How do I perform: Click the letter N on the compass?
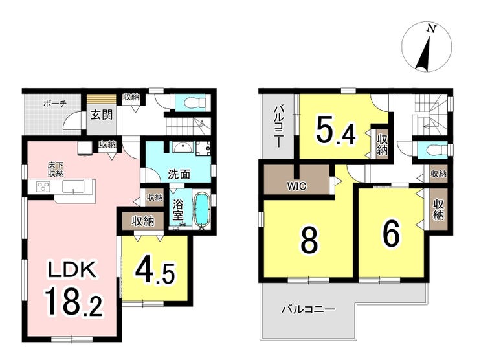click(431, 28)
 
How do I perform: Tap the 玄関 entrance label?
click(102, 115)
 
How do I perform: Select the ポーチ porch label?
click(55, 104)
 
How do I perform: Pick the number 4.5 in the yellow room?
click(155, 273)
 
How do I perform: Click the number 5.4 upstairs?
click(336, 131)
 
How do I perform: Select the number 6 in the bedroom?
click(392, 234)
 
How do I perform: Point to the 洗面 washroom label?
click(179, 174)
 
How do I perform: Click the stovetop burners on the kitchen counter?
click(43, 186)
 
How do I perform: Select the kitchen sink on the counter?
click(73, 186)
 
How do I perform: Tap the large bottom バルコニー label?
click(309, 310)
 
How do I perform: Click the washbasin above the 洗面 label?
click(182, 148)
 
